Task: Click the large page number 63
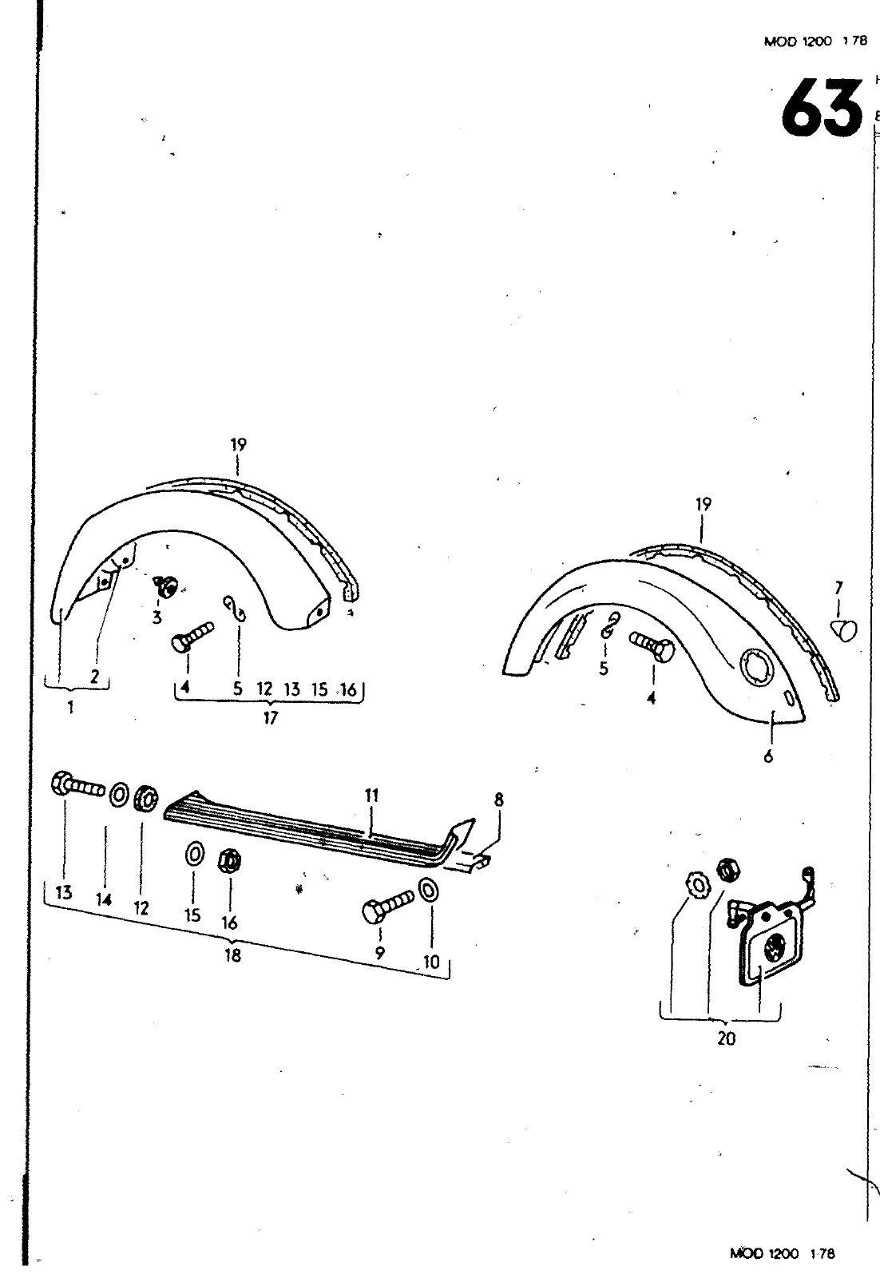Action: [x=822, y=108]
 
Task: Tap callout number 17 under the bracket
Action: [x=270, y=718]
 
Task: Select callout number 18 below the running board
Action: [x=232, y=955]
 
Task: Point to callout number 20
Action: [x=727, y=1038]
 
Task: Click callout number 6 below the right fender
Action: [x=768, y=756]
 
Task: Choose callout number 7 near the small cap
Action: [x=838, y=589]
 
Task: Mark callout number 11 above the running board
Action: [x=371, y=796]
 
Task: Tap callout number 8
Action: [x=499, y=800]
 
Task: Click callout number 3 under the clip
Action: [x=157, y=617]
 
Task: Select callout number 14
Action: [x=104, y=899]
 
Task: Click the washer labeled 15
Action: [x=193, y=855]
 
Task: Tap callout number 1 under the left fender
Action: [x=71, y=707]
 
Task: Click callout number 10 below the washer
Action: [x=431, y=962]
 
